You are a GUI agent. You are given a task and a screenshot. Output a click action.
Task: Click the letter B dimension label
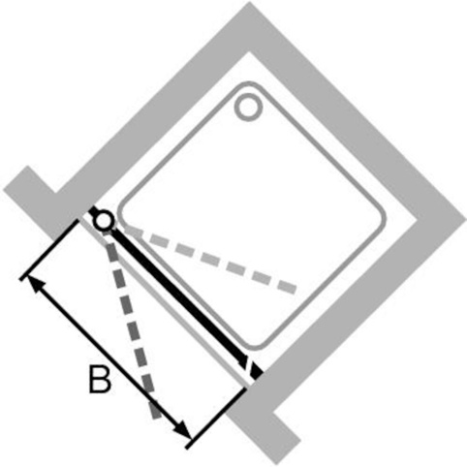click(x=100, y=379)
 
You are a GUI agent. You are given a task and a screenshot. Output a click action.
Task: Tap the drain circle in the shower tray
click(x=248, y=108)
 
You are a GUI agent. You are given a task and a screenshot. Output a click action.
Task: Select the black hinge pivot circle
click(x=104, y=220)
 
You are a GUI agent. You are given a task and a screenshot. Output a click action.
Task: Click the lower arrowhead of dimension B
click(x=182, y=429)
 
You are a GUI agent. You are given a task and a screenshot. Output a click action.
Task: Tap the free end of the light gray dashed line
click(x=296, y=289)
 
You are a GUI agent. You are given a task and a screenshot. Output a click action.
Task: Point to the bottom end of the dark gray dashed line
click(x=157, y=418)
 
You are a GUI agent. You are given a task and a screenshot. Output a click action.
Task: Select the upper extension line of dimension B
click(x=50, y=249)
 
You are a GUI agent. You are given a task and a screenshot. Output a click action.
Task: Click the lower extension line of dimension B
click(x=217, y=418)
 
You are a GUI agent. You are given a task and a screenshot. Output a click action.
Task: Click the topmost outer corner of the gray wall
click(x=249, y=3)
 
